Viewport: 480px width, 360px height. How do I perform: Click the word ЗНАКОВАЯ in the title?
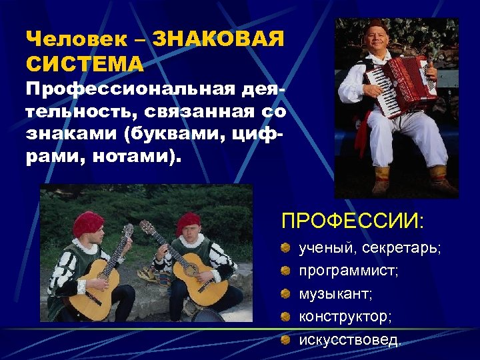pyautogui.click(x=219, y=39)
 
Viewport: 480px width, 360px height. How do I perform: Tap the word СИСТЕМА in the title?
pyautogui.click(x=85, y=65)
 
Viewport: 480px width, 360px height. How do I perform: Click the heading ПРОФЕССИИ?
pyautogui.click(x=354, y=220)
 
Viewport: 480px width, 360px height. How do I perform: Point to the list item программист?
pyautogui.click(x=349, y=271)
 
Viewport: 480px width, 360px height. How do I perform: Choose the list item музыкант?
pyautogui.click(x=335, y=294)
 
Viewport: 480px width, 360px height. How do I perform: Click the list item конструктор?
pyautogui.click(x=344, y=317)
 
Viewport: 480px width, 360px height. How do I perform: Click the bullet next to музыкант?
pyautogui.click(x=285, y=294)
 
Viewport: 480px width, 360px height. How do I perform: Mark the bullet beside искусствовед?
pyautogui.click(x=285, y=340)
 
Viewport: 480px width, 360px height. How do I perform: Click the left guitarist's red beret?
pyautogui.click(x=88, y=223)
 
